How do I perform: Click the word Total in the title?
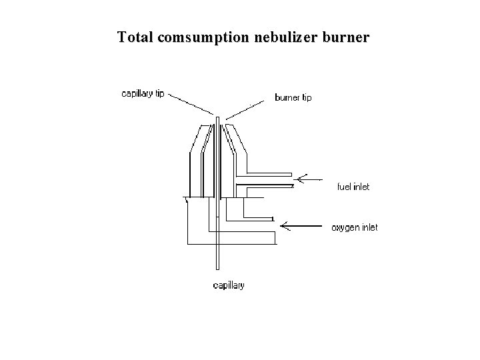136,37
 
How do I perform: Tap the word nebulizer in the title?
285,37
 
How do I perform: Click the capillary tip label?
142,94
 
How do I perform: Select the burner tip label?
293,98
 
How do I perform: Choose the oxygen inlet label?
355,228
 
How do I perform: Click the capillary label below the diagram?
228,286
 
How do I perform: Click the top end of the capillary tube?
218,120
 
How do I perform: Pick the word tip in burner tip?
306,98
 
